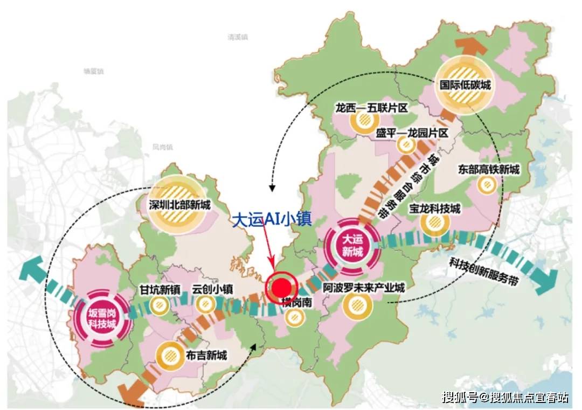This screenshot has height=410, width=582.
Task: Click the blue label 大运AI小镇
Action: click(x=271, y=220)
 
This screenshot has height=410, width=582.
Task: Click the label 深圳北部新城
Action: click(x=181, y=205)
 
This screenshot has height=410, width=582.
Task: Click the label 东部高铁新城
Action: click(x=490, y=170)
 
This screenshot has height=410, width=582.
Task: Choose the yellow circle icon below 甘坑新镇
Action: click(x=158, y=306)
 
